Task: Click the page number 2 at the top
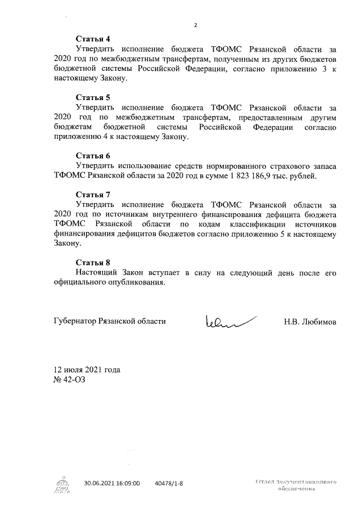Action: pyautogui.click(x=196, y=25)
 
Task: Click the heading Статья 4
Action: pyautogui.click(x=93, y=39)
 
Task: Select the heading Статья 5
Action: pyautogui.click(x=93, y=97)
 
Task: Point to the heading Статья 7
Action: pyautogui.click(x=93, y=195)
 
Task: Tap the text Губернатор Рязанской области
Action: pyautogui.click(x=110, y=322)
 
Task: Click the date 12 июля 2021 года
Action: pyautogui.click(x=87, y=371)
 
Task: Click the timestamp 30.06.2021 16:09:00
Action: pyautogui.click(x=111, y=483)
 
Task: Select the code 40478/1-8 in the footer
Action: pyautogui.click(x=169, y=483)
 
